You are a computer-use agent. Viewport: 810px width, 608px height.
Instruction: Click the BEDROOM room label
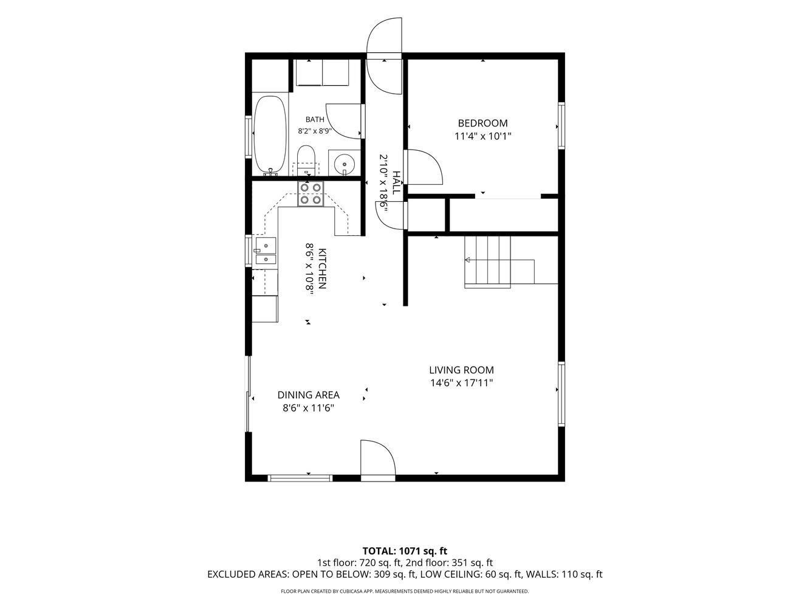pyautogui.click(x=482, y=123)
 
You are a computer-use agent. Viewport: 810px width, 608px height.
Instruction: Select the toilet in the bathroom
pyautogui.click(x=306, y=160)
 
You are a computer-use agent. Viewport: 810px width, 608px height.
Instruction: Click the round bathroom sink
pyautogui.click(x=345, y=163)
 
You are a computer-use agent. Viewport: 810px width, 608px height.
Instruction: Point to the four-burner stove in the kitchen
pyautogui.click(x=311, y=194)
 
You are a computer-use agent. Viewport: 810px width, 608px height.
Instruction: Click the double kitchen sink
pyautogui.click(x=266, y=251)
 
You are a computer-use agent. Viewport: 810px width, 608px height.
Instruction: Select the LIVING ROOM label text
pyautogui.click(x=461, y=370)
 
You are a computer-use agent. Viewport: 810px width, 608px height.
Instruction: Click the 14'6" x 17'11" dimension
pyautogui.click(x=461, y=383)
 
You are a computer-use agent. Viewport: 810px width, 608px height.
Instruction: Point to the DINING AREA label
pyautogui.click(x=309, y=395)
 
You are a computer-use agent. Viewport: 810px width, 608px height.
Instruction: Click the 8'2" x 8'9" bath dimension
pyautogui.click(x=315, y=131)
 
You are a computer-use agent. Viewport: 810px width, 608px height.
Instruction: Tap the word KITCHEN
pyautogui.click(x=322, y=269)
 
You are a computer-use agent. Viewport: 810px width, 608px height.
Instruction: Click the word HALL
pyautogui.click(x=396, y=182)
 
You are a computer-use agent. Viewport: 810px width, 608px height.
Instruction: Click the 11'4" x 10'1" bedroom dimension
pyautogui.click(x=482, y=136)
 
